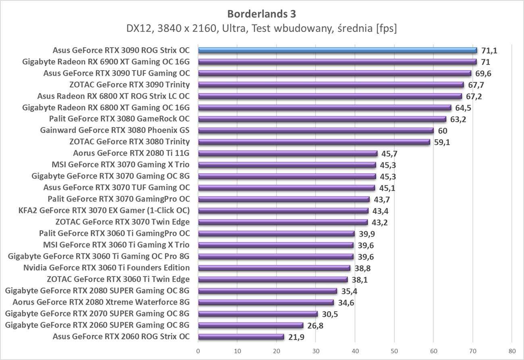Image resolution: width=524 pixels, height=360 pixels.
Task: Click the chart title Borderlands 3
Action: pyautogui.click(x=262, y=14)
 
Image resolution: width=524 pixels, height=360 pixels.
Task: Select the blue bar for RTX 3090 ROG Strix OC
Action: pyautogui.click(x=337, y=50)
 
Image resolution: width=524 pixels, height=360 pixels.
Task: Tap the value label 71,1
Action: pyautogui.click(x=489, y=50)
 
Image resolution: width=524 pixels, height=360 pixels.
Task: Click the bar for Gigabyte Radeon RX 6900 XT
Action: pyautogui.click(x=337, y=62)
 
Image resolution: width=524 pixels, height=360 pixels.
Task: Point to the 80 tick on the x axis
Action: pyautogui.click(x=512, y=351)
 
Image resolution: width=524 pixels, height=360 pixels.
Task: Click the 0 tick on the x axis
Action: pyautogui.click(x=198, y=351)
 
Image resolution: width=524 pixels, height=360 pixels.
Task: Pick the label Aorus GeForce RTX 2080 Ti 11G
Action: pyautogui.click(x=131, y=153)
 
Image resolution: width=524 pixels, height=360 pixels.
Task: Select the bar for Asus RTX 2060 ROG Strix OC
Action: pyautogui.click(x=241, y=337)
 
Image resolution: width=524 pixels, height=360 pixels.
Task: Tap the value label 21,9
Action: pyautogui.click(x=295, y=337)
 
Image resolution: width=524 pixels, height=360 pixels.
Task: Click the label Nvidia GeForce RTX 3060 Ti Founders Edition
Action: pyautogui.click(x=106, y=268)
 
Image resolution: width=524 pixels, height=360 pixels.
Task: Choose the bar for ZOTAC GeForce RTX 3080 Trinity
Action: pyautogui.click(x=314, y=142)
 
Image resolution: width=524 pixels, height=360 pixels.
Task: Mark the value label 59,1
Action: pyautogui.click(x=442, y=142)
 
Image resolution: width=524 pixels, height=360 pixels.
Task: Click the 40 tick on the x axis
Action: pyautogui.click(x=355, y=351)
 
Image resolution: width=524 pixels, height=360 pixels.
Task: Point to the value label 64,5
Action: pyautogui.click(x=463, y=108)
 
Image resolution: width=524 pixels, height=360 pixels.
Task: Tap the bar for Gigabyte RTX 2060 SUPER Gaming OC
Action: pyautogui.click(x=250, y=325)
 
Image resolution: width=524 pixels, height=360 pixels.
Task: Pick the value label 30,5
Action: pyautogui.click(x=329, y=314)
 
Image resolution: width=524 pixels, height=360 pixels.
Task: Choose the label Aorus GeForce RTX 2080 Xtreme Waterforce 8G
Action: pyautogui.click(x=101, y=302)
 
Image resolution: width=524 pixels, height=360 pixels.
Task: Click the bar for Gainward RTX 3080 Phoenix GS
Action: pyautogui.click(x=316, y=130)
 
